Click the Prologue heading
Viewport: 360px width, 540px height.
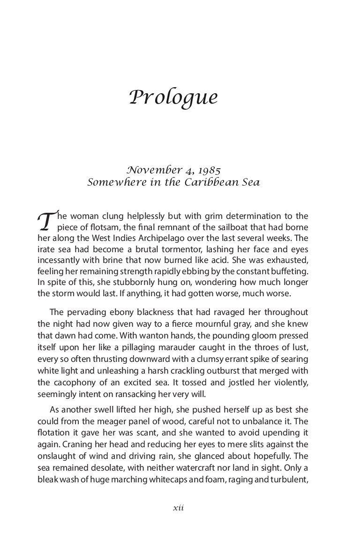point(173,97)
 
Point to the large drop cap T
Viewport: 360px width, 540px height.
point(45,220)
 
